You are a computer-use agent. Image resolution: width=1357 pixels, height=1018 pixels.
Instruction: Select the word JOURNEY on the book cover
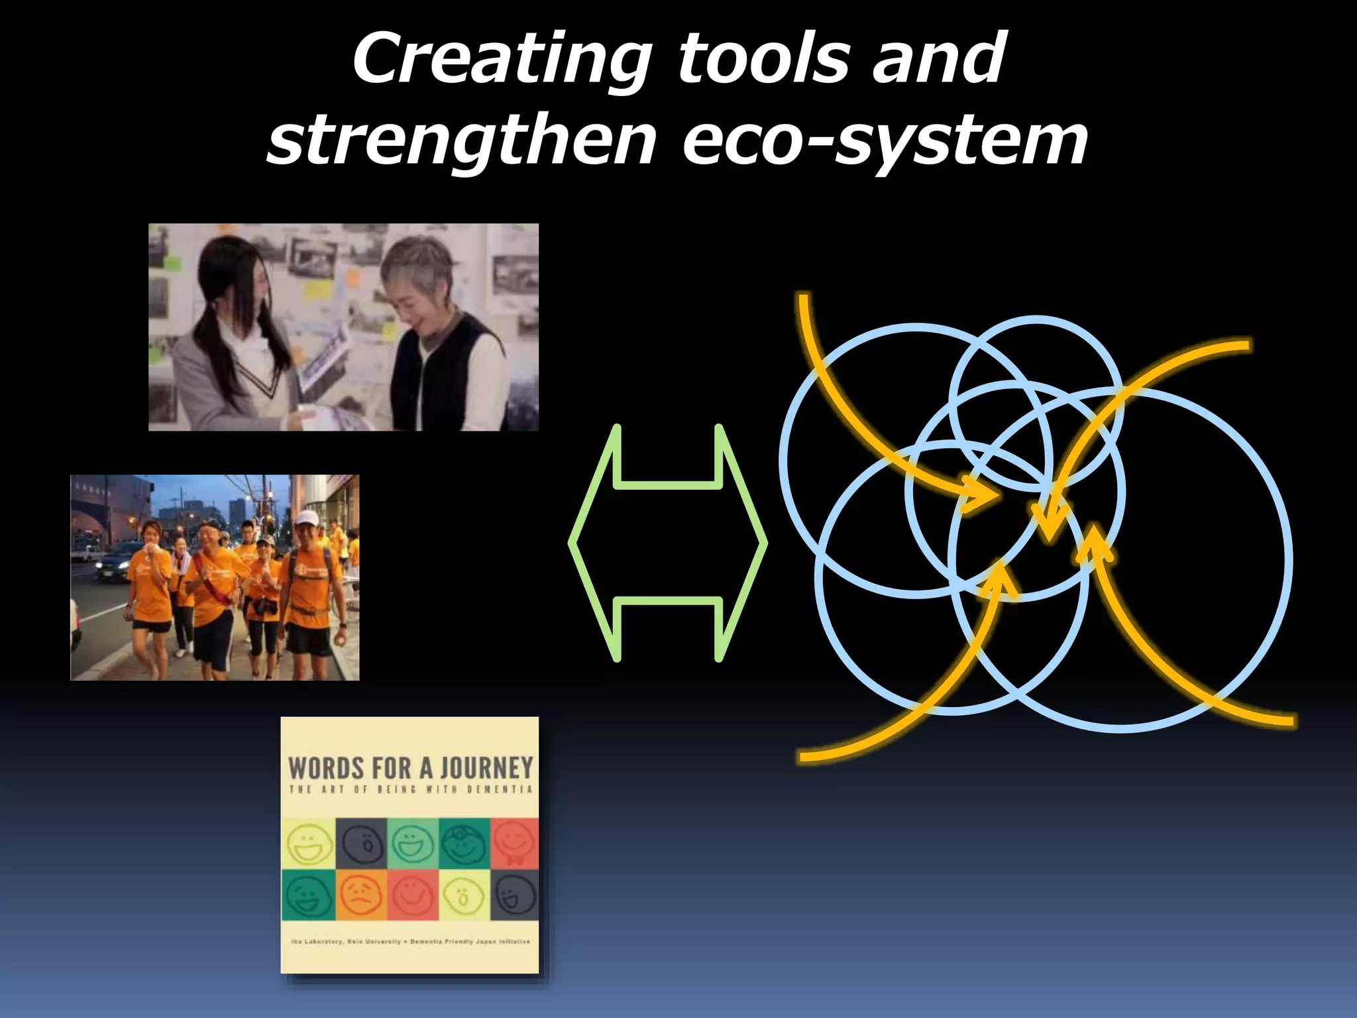click(486, 769)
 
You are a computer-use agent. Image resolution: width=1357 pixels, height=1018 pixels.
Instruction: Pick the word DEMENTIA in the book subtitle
click(500, 789)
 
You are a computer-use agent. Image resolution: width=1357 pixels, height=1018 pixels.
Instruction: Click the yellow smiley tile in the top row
click(309, 843)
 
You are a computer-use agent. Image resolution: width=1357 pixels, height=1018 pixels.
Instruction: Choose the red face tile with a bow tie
click(514, 843)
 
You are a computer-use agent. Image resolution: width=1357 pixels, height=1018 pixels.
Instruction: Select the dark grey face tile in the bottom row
click(514, 895)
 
